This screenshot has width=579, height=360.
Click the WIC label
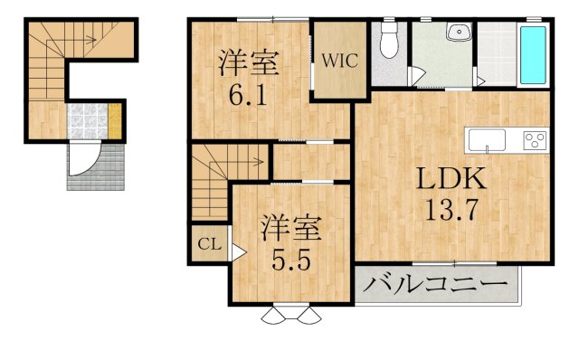coord(340,61)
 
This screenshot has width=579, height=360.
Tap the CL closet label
coord(209,244)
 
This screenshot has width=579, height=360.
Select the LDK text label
coord(451,179)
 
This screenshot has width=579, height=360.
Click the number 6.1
coord(248,95)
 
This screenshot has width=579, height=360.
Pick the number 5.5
coord(291,260)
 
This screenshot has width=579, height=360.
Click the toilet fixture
coord(389,39)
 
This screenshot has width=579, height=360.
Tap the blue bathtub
coord(533,54)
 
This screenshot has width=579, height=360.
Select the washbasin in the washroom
coord(459,31)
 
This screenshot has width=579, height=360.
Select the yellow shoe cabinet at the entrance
coord(115,121)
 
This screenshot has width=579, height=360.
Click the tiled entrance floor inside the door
coord(88,121)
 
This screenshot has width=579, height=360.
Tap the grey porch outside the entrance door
coord(96,167)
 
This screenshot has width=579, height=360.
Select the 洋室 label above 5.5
coord(291,229)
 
